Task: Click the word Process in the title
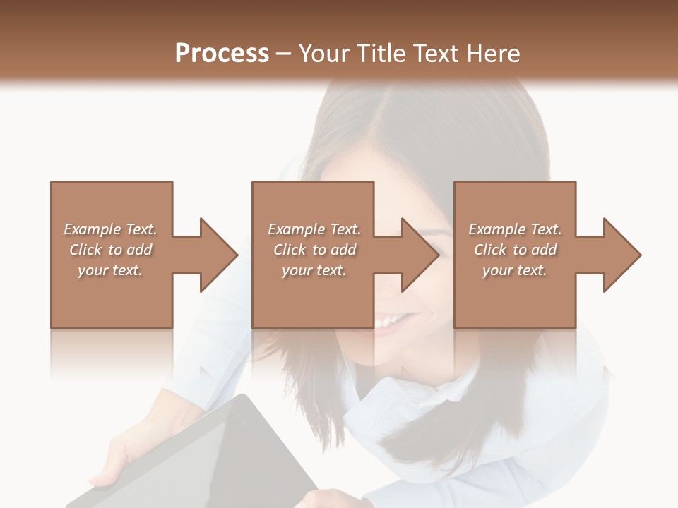[x=222, y=54]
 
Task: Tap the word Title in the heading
[x=380, y=54]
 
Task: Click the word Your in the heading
[x=327, y=54]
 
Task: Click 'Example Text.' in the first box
[x=110, y=229]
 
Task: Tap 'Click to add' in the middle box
[x=314, y=250]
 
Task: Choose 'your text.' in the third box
[x=515, y=270]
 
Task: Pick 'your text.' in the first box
[x=110, y=270]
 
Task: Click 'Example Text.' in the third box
[x=515, y=229]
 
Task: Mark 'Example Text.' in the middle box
[x=314, y=229]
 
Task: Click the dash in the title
[x=284, y=54]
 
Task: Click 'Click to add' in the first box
[x=110, y=250]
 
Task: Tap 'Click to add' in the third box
[x=515, y=250]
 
